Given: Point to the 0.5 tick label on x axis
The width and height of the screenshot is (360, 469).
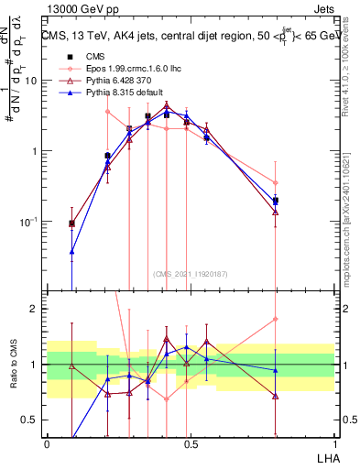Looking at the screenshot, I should tap(190, 442).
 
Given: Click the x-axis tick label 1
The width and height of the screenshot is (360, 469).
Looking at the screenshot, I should tap(334, 442).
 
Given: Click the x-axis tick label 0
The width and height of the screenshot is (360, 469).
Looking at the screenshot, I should tap(47, 442).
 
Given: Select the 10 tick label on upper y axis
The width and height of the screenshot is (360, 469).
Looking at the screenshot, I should tap(30, 81).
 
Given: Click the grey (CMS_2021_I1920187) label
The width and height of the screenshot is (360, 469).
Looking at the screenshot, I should tap(191, 274).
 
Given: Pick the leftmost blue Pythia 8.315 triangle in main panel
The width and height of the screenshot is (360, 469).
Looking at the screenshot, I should tap(72, 251).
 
